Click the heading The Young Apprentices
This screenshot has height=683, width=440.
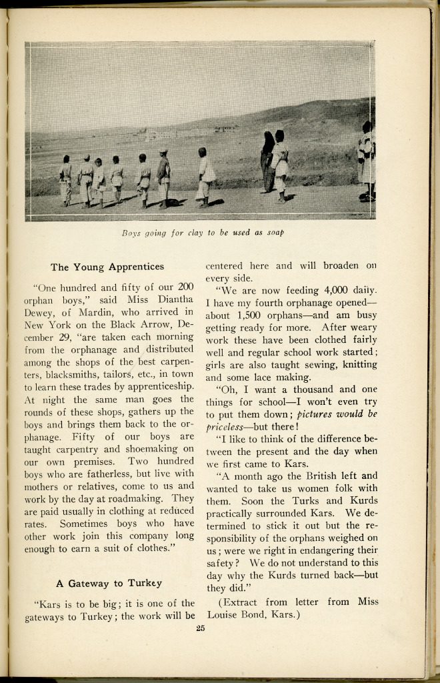coord(107,267)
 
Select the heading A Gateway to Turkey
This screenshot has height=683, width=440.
coord(109,583)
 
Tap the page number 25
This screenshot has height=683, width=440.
coord(200,628)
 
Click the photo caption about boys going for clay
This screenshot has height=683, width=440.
coord(203,233)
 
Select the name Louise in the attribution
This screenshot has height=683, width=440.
coord(227,614)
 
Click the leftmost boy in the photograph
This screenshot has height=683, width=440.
coord(65,180)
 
